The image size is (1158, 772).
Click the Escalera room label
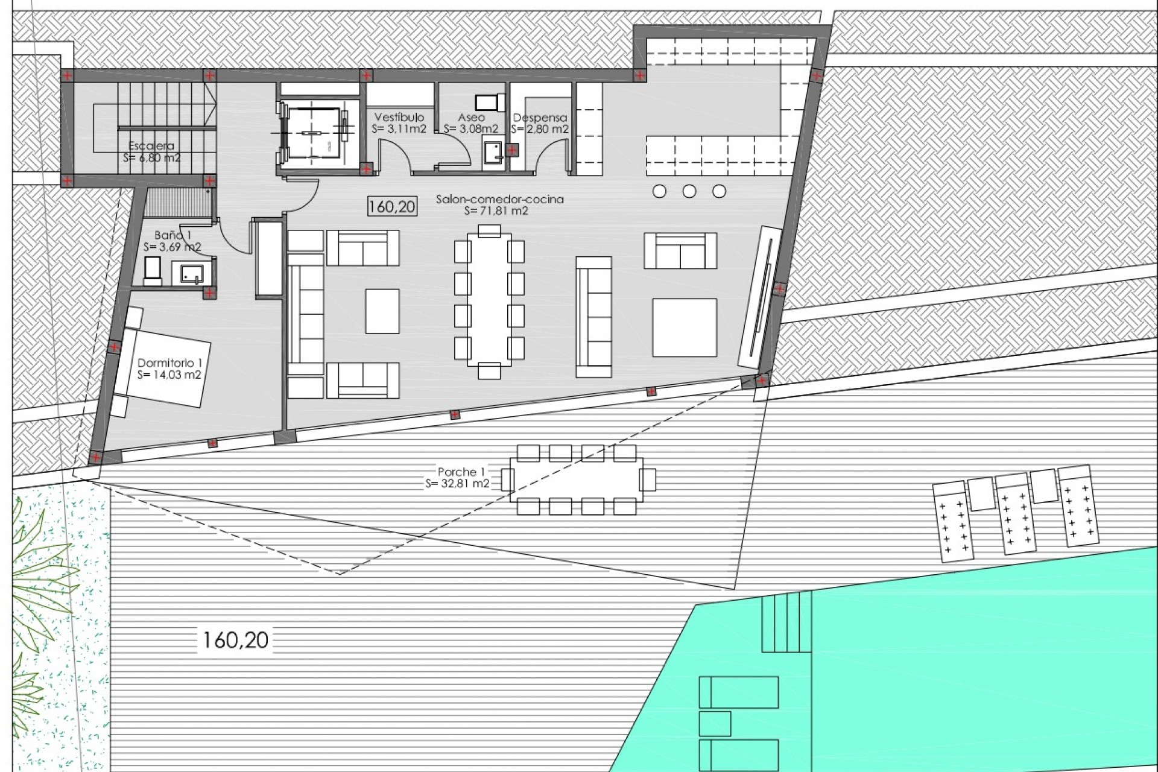151,146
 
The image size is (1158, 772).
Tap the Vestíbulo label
399,117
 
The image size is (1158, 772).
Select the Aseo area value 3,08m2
470,129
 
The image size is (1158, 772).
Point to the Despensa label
540,118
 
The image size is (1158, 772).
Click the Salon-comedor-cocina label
499,199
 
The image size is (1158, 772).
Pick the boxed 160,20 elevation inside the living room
391,207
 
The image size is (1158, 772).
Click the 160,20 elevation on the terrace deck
235,640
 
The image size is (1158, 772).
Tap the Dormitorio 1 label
169,363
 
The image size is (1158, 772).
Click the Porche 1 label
461,472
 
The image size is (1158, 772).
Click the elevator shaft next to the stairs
312,131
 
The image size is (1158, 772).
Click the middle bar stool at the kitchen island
689,191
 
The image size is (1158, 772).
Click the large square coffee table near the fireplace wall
684,327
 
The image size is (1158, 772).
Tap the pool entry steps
785,622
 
